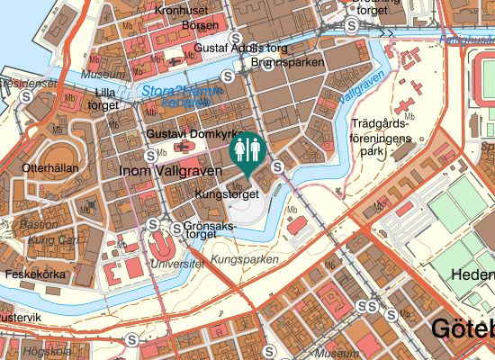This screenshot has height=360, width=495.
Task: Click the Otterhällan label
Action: (49, 167)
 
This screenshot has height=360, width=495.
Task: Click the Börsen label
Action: (199, 27)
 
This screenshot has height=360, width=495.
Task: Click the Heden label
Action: (473, 274)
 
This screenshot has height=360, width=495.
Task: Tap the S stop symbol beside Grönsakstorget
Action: (154, 224)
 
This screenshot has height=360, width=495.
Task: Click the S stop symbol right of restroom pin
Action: (279, 166)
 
